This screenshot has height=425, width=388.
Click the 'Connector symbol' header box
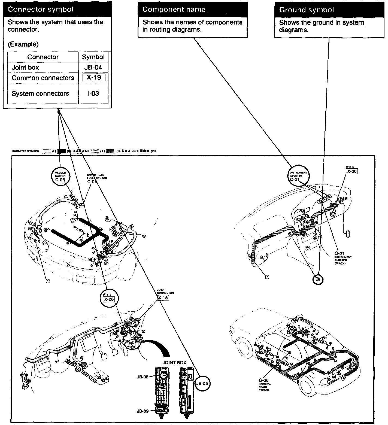click(x=57, y=10)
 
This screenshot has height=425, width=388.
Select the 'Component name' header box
click(x=193, y=10)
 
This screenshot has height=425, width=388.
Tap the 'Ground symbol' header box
click(x=329, y=10)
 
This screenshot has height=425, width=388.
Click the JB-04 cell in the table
click(x=93, y=68)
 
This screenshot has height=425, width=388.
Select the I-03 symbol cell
click(x=93, y=93)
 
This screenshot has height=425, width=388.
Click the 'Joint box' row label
click(x=25, y=68)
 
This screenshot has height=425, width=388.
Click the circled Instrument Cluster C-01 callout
click(x=298, y=176)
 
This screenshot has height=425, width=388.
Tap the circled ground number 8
click(x=318, y=279)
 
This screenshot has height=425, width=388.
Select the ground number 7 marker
click(x=267, y=277)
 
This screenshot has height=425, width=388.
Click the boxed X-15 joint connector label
click(x=163, y=298)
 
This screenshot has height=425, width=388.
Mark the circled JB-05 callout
click(x=202, y=383)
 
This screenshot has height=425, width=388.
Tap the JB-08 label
click(x=143, y=377)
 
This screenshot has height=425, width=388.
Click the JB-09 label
click(x=143, y=411)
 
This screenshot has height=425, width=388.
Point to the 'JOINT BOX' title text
click(x=174, y=363)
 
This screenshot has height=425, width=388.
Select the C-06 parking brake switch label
click(x=264, y=381)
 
